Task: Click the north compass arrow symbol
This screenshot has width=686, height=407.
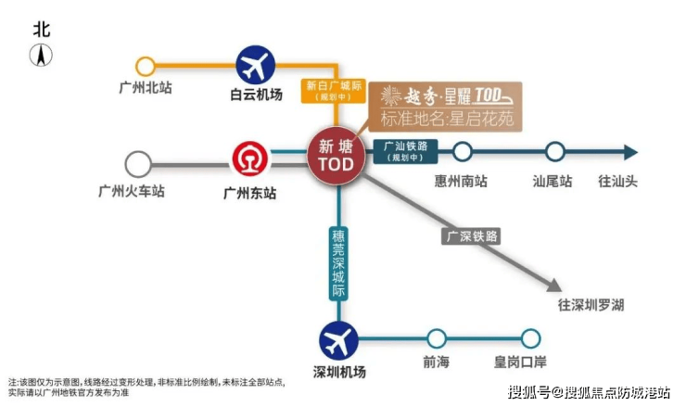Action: tap(42, 56)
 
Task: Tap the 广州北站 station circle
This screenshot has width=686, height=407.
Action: tap(146, 67)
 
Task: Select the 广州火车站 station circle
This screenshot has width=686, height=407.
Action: tap(138, 165)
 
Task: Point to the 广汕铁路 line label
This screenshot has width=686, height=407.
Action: tap(405, 151)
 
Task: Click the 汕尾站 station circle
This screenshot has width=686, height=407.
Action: tap(555, 152)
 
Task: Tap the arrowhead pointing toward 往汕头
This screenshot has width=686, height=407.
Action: tap(629, 152)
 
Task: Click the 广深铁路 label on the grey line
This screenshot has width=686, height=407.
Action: tap(473, 235)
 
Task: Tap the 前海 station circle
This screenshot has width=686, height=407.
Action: tap(437, 339)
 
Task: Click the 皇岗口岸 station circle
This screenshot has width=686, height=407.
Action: tap(530, 339)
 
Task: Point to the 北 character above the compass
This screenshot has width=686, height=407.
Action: tap(42, 29)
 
